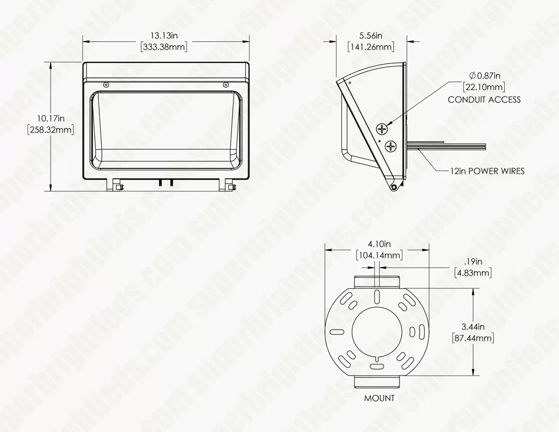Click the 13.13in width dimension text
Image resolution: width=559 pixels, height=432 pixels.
(x=164, y=35)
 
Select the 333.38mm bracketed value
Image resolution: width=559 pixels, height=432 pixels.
(x=164, y=46)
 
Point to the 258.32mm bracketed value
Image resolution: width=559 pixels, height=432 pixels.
(x=51, y=129)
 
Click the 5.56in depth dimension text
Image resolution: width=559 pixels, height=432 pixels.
(x=371, y=35)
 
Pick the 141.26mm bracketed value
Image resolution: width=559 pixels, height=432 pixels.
(x=371, y=46)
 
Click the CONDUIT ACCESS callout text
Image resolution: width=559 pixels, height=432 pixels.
(x=484, y=99)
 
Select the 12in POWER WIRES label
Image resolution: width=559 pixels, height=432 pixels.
(x=487, y=171)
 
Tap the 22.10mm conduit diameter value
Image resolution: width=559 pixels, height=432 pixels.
(x=484, y=87)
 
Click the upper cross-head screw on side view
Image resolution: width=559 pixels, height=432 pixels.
(x=382, y=129)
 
